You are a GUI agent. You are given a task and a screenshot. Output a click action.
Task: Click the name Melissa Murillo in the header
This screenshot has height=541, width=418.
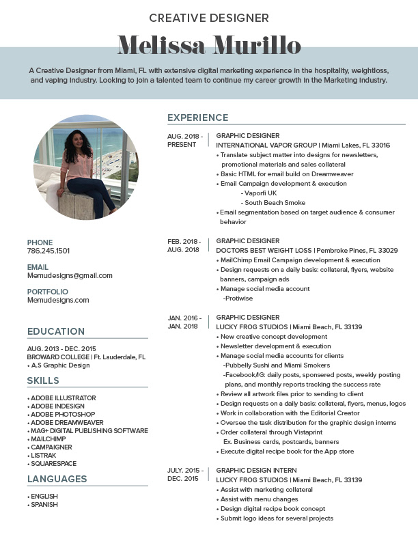209,46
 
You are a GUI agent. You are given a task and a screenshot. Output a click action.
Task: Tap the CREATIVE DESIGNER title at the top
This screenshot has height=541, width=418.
209,18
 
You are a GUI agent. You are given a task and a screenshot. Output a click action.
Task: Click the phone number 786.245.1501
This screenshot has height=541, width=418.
48,251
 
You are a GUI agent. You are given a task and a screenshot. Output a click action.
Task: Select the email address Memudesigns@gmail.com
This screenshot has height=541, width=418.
70,275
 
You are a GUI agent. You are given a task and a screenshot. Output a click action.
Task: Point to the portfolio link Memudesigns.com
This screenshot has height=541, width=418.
58,300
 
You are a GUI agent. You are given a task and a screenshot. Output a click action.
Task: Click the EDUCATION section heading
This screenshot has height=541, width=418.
56,331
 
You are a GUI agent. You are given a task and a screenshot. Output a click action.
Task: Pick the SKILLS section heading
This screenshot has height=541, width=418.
43,380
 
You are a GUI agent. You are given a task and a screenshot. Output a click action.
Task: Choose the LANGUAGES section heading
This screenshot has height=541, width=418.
57,479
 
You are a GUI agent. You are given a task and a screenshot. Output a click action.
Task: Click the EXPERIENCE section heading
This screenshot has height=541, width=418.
198,117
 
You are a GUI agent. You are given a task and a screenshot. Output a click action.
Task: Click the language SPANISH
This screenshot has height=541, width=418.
44,505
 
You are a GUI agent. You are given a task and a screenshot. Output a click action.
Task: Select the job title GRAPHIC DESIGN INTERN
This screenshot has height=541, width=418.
256,471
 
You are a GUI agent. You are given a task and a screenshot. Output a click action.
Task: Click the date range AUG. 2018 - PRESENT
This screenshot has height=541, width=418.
184,141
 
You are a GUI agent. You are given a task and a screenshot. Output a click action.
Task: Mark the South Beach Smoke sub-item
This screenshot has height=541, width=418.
275,203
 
